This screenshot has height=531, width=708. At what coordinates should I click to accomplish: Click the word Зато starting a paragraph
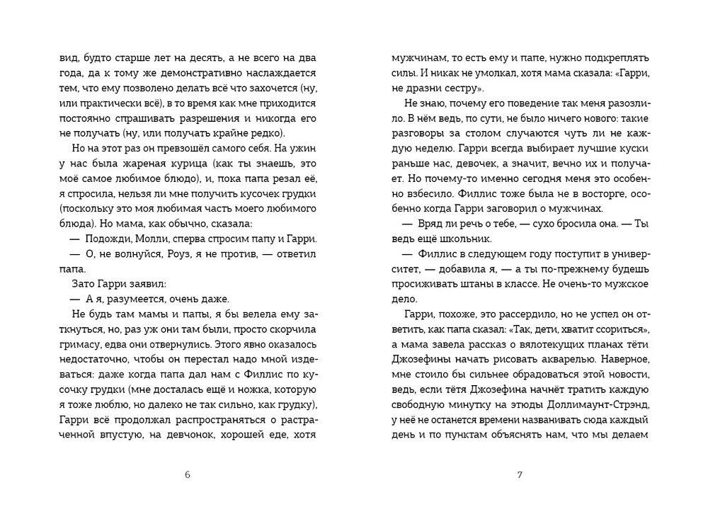(x=83, y=283)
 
